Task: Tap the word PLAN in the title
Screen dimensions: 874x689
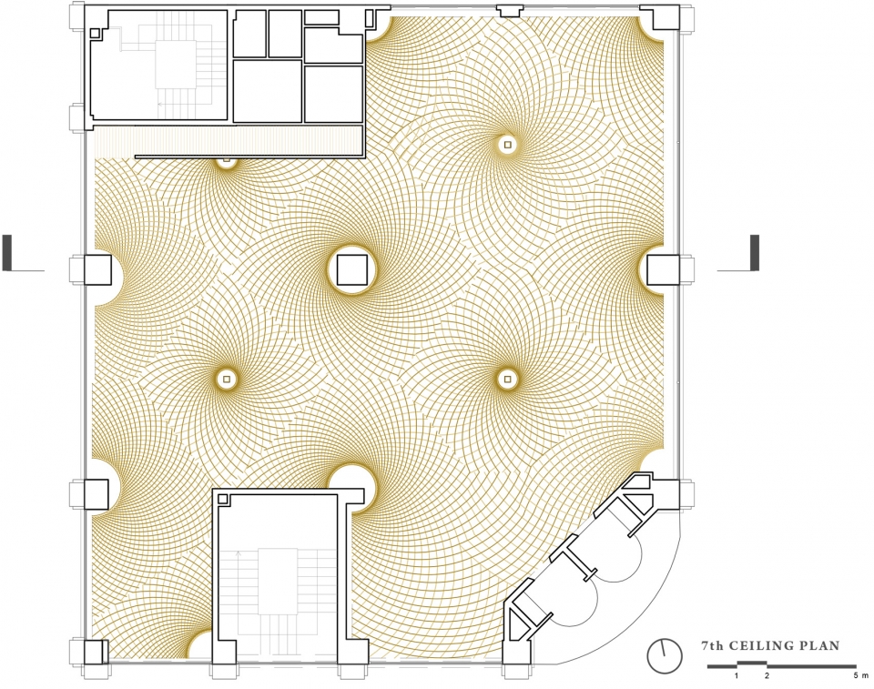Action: point(820,646)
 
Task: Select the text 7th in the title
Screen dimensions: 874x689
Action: point(712,646)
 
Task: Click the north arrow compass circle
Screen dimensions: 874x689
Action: point(665,656)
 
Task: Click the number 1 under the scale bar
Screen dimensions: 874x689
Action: point(737,676)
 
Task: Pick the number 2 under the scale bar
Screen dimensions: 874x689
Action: point(767,676)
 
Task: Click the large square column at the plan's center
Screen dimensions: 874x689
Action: point(352,269)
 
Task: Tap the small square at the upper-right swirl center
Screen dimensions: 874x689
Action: point(506,145)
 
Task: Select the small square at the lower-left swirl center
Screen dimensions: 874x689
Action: point(227,379)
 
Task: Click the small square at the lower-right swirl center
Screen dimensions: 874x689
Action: point(506,379)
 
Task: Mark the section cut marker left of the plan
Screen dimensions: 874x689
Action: point(22,254)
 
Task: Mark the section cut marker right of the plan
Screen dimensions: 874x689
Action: point(738,254)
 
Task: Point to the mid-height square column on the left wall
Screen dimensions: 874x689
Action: point(98,269)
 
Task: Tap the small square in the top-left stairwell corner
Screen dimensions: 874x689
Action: point(96,34)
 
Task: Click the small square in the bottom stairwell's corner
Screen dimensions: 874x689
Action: point(224,500)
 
